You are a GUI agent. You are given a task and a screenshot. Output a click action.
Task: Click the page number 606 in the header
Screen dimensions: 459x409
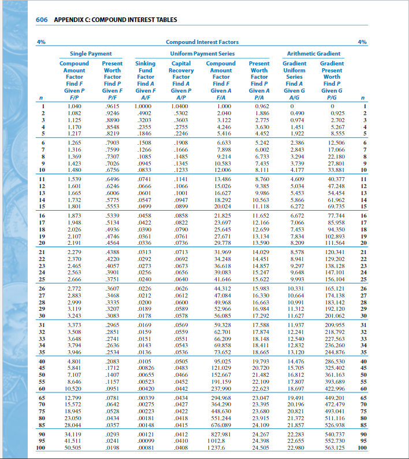[x=42, y=19]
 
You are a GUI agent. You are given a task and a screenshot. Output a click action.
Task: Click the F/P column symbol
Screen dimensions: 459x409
[x=74, y=97]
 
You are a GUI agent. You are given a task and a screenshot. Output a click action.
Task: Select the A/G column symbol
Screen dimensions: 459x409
[x=294, y=97]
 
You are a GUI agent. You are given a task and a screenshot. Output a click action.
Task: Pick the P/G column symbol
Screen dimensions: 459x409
[x=332, y=97]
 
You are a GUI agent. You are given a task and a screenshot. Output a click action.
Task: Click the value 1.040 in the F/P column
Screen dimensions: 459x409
[x=74, y=107]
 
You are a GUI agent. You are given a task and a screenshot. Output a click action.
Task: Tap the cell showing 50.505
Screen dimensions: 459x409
[x=74, y=447]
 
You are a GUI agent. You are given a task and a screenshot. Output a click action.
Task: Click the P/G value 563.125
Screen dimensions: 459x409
[x=335, y=447]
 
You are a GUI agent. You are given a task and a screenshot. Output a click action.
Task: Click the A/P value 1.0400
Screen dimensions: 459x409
[x=183, y=107]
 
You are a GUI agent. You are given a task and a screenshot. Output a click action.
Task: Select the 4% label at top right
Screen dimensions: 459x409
[x=362, y=42]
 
